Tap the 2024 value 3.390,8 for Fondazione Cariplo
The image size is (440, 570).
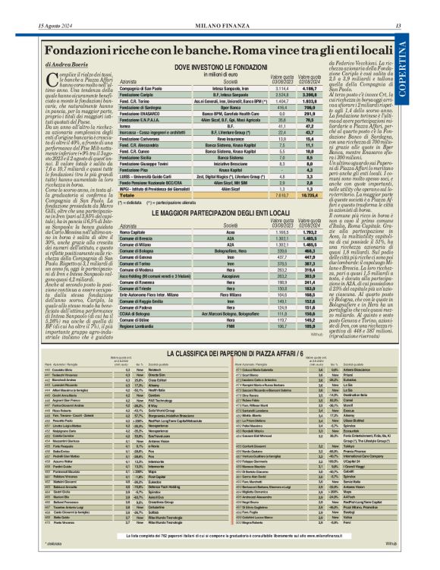tap(309, 95)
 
